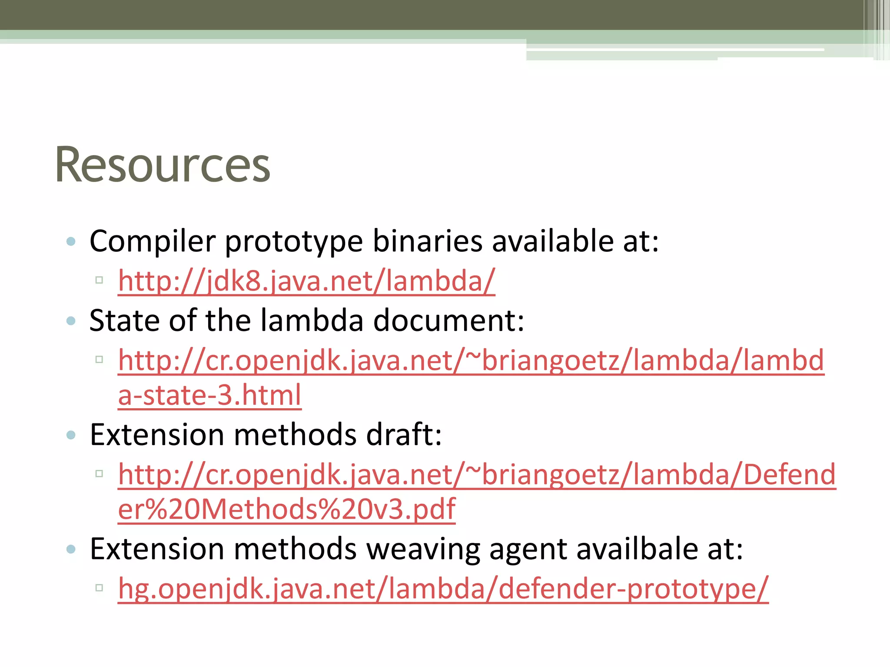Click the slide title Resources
pos(163,165)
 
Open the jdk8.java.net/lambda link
pos(306,281)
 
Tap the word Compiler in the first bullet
pos(152,241)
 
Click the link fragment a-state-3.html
pos(209,395)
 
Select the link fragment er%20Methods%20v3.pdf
pos(287,509)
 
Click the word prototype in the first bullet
pos(293,242)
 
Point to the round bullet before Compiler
pos(71,242)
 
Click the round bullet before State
pos(71,321)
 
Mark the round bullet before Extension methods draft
pos(71,435)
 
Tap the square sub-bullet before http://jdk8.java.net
pos(99,280)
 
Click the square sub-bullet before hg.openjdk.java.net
pos(99,588)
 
